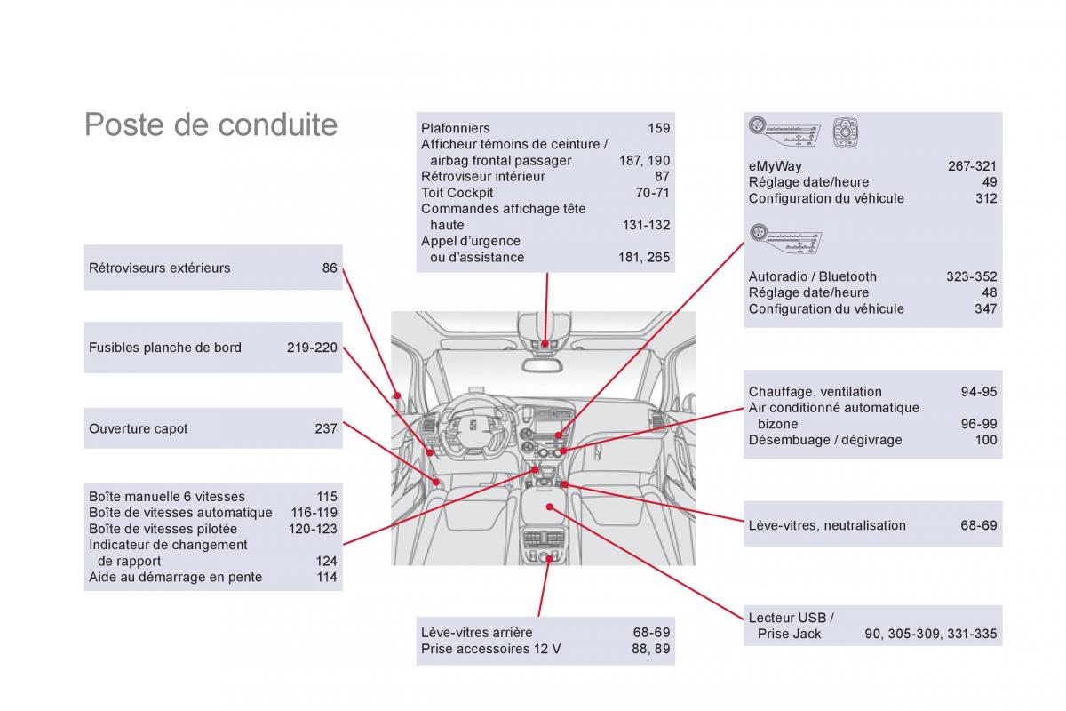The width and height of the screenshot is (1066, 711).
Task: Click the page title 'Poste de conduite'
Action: tap(211, 124)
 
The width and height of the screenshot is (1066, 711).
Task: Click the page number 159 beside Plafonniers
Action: tap(658, 128)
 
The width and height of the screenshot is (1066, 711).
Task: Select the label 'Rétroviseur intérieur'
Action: tap(482, 176)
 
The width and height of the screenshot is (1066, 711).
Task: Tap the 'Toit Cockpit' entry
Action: tap(457, 192)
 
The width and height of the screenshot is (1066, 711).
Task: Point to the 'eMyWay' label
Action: tap(775, 166)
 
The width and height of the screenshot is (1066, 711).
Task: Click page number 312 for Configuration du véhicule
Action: tap(986, 198)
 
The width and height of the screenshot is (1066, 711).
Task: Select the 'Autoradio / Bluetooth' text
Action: tap(812, 276)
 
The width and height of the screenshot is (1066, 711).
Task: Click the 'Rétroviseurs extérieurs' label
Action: tap(159, 268)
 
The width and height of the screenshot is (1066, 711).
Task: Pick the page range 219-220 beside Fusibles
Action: tap(312, 348)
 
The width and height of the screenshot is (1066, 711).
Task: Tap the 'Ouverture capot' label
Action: tap(138, 428)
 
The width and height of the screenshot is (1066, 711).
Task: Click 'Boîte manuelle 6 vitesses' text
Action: tap(166, 497)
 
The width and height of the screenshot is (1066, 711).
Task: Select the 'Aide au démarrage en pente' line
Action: tap(175, 577)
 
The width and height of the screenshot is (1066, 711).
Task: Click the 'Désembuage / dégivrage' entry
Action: tap(824, 440)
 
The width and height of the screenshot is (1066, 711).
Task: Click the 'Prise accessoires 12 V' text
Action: tap(490, 649)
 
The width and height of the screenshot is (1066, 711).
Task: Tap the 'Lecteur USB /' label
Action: tap(791, 618)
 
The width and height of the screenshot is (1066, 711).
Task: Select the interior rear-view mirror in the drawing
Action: tap(545, 361)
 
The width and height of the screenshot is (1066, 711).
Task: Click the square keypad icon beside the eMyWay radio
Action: tap(845, 132)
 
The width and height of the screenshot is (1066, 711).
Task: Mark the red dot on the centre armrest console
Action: tap(551, 507)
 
